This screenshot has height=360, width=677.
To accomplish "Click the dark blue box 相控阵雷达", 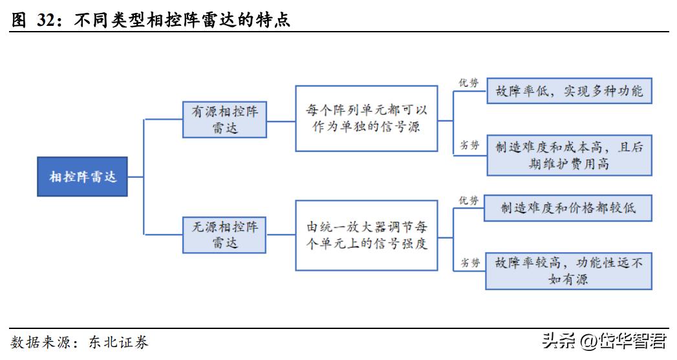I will (x=82, y=176).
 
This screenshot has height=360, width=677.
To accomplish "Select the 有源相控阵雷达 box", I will (x=224, y=120).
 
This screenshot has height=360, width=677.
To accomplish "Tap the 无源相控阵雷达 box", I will (x=224, y=235).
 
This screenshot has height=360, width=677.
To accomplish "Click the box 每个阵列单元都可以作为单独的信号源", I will (x=367, y=119).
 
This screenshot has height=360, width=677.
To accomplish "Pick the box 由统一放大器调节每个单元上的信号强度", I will (x=367, y=235).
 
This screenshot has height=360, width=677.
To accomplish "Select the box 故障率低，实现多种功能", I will (x=569, y=90).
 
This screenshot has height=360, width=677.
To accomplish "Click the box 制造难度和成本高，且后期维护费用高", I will (x=569, y=155).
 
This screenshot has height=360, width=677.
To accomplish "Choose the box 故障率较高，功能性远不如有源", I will (x=569, y=271).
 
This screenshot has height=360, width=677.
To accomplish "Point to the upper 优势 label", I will (x=469, y=83).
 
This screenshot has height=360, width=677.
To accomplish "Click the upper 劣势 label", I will (x=469, y=145).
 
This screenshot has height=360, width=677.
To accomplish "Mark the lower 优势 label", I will (x=469, y=200).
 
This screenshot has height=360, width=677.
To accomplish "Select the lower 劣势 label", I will (x=469, y=262).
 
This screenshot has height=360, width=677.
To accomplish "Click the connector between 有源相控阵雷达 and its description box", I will (x=281, y=120).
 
